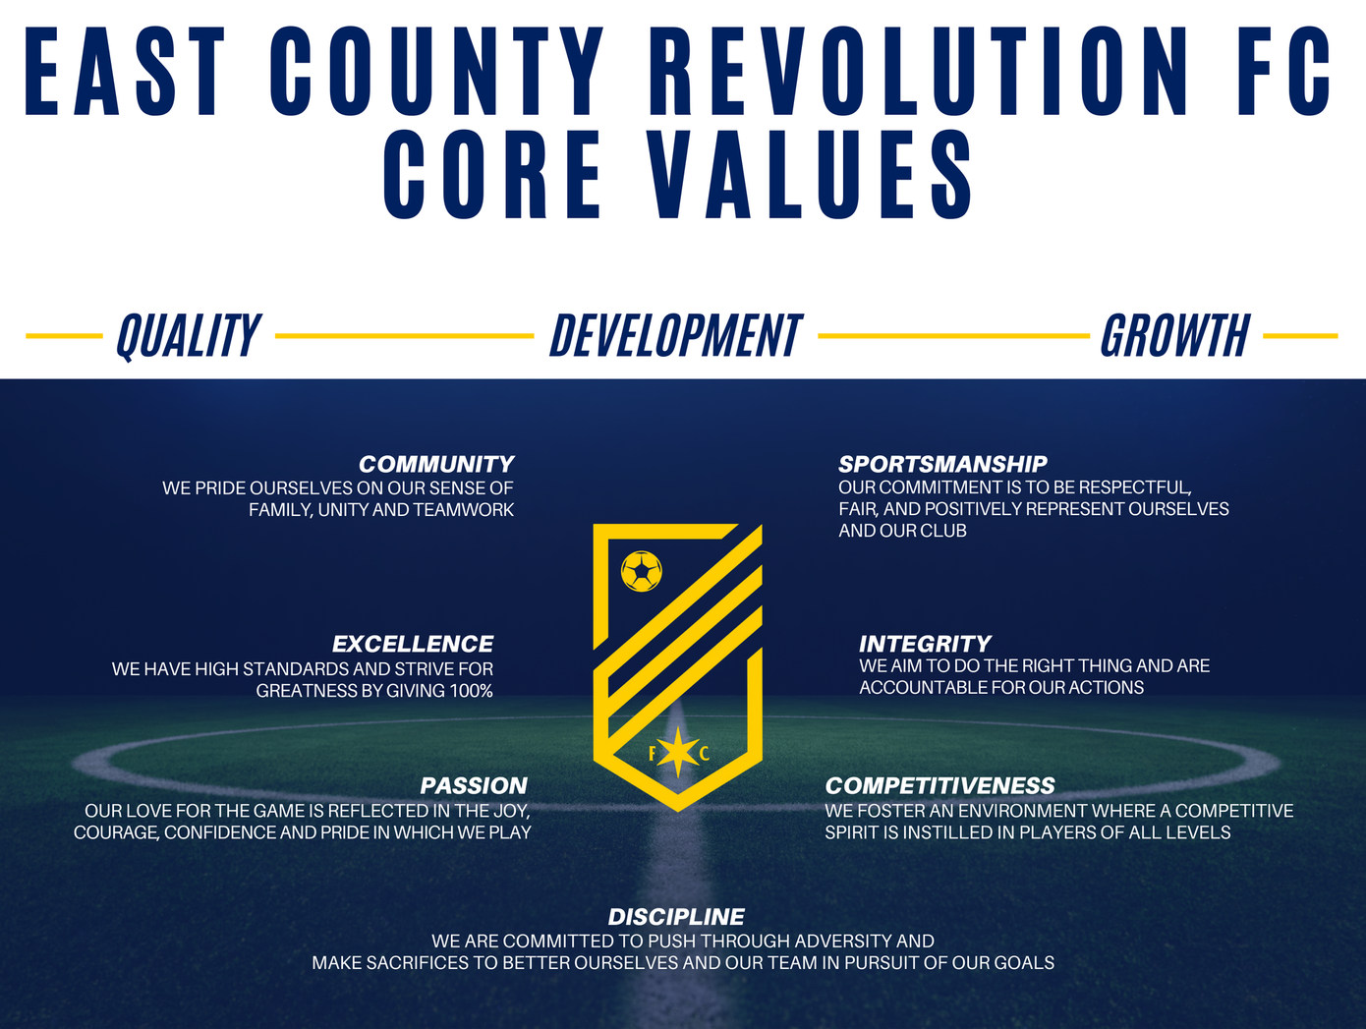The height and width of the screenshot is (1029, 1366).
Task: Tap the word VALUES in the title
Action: tap(809, 174)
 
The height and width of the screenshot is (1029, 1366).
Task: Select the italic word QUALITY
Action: tap(188, 336)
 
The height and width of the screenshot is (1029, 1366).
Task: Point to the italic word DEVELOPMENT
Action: tap(676, 335)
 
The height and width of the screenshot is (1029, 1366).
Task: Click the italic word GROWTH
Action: tap(1175, 335)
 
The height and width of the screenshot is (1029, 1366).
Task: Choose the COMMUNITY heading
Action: tap(435, 464)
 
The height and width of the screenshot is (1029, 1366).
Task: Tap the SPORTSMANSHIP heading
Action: tap(942, 464)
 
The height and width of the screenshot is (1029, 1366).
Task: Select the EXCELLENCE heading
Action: tap(413, 644)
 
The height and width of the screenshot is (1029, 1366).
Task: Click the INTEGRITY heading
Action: tap(925, 644)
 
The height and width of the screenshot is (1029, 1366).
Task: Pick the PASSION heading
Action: tap(474, 785)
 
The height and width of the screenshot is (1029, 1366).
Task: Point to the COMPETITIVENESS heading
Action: tap(939, 785)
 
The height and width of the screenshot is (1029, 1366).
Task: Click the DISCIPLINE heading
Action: tap(676, 916)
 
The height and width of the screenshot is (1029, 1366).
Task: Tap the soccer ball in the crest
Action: tap(641, 571)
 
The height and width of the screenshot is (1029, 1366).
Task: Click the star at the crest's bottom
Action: tap(678, 752)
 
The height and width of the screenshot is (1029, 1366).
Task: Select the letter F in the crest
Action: tap(653, 754)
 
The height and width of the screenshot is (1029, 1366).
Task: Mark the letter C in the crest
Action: tap(704, 754)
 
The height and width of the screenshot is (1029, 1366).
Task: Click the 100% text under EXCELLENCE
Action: tap(471, 691)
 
